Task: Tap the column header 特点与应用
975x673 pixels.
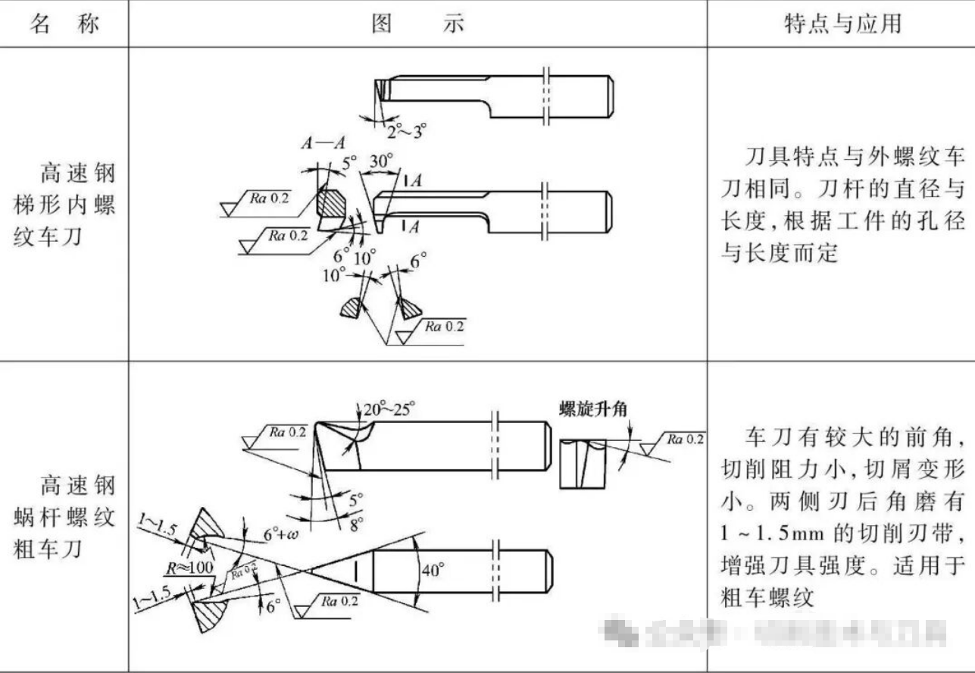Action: click(x=842, y=23)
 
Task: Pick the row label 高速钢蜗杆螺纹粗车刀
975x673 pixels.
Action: click(x=64, y=516)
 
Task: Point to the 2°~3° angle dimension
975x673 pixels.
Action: click(x=406, y=131)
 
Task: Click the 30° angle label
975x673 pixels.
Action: click(x=381, y=161)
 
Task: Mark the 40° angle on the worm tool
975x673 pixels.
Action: click(x=430, y=570)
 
